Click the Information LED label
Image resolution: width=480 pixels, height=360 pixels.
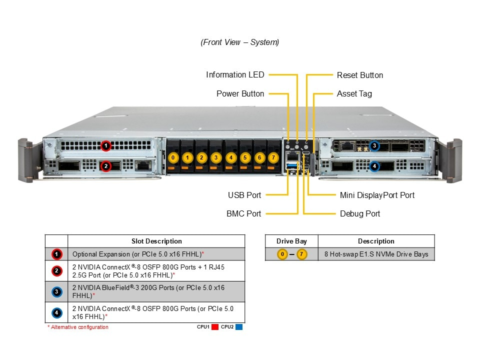[235, 75]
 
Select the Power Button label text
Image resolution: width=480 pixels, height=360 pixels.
[240, 94]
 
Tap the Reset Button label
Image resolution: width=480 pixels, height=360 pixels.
[360, 75]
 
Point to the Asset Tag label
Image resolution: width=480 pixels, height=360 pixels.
[354, 94]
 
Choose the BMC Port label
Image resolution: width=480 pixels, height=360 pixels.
[243, 214]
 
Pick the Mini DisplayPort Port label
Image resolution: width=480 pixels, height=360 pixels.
[377, 195]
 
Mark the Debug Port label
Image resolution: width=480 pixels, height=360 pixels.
[360, 214]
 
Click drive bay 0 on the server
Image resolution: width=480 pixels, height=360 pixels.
[173, 158]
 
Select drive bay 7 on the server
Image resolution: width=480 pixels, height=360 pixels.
[273, 158]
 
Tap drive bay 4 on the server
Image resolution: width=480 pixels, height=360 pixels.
[230, 158]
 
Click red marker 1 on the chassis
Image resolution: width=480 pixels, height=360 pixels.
[105, 145]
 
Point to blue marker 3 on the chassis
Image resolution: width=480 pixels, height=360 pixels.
[374, 146]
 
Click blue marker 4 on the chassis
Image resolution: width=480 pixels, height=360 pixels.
[374, 166]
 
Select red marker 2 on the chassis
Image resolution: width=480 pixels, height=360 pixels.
[105, 166]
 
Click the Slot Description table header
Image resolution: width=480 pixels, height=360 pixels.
[156, 241]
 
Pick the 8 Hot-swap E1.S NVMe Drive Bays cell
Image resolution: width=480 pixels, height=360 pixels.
[376, 254]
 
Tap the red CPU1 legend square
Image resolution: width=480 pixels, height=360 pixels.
[215, 327]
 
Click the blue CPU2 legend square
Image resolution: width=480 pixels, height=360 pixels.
[239, 327]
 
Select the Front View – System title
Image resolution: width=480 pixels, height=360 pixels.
[240, 42]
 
